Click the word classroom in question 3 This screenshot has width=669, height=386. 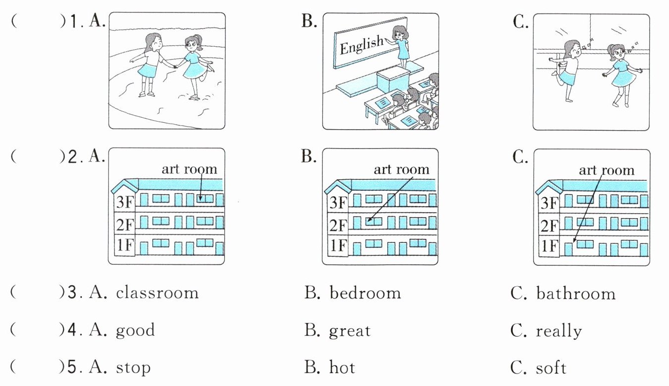157,293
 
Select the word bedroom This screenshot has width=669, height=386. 365,293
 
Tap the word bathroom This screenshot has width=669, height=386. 575,293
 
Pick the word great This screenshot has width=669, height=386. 350,331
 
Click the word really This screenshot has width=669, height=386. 558,331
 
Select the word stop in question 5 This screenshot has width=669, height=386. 133,369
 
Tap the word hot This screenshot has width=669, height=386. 342,368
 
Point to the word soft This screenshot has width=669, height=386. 551,368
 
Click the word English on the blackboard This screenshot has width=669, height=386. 362,45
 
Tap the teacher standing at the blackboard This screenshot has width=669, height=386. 401,46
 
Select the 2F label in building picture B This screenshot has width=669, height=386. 338,225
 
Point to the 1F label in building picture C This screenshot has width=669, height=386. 549,246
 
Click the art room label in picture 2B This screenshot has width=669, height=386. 401,169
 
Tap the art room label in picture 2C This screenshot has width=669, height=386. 606,170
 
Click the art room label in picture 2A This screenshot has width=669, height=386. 189,169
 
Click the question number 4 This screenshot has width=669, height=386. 71,330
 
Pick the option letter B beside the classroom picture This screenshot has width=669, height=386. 309,22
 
